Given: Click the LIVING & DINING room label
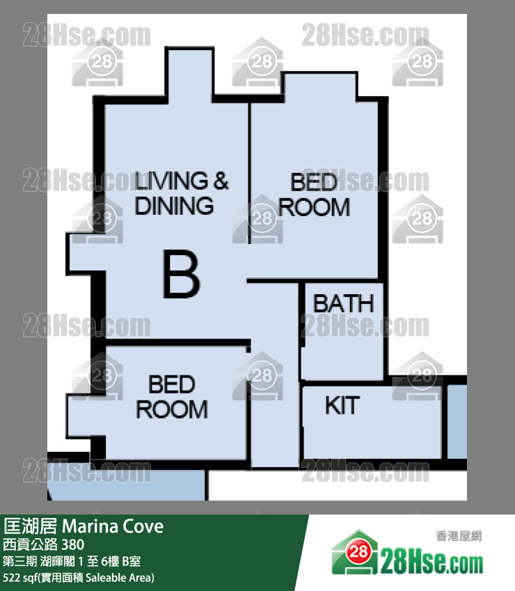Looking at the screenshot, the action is pyautogui.click(x=182, y=193).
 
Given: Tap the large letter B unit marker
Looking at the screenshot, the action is pyautogui.click(x=181, y=274).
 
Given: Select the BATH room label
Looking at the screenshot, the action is pyautogui.click(x=343, y=304).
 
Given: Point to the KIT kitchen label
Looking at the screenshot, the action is pyautogui.click(x=342, y=405).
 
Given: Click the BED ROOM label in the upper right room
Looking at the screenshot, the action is pyautogui.click(x=314, y=195).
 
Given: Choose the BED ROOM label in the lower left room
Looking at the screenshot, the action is pyautogui.click(x=172, y=397).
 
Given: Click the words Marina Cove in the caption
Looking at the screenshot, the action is pyautogui.click(x=113, y=526).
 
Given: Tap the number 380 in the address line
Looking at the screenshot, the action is pyautogui.click(x=73, y=544).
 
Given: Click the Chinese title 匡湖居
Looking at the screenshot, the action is pyautogui.click(x=30, y=526).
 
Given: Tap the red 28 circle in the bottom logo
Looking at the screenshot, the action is pyautogui.click(x=358, y=552).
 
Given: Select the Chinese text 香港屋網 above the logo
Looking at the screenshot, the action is pyautogui.click(x=459, y=536).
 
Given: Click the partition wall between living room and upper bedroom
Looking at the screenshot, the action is pyautogui.click(x=249, y=173).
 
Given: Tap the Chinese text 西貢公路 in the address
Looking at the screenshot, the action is pyautogui.click(x=30, y=544).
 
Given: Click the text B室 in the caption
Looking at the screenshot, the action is pyautogui.click(x=132, y=561).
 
